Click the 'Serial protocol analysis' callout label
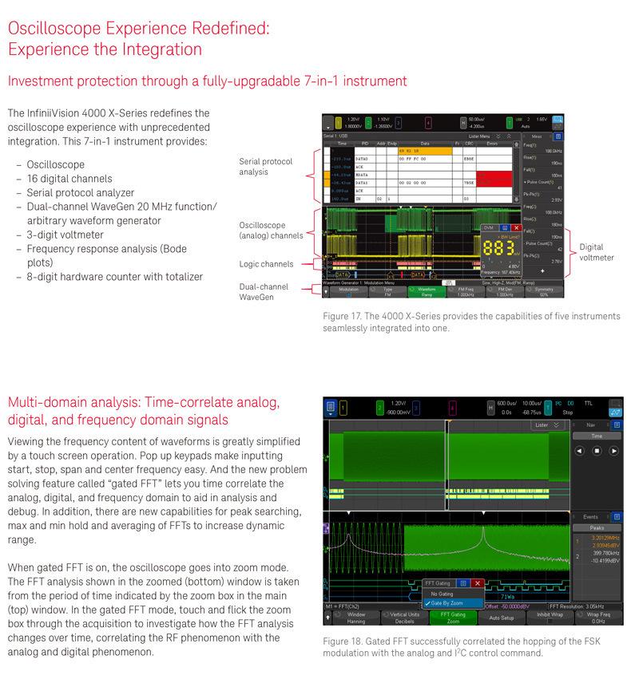(x=266, y=167)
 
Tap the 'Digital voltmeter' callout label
(x=597, y=252)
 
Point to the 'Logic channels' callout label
(x=266, y=264)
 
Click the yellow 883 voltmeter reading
(x=498, y=248)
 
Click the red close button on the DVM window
(x=516, y=227)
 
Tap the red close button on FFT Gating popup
(x=477, y=583)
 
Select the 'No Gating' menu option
(x=442, y=593)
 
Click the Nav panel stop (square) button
(x=596, y=451)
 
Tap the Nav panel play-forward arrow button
(x=613, y=451)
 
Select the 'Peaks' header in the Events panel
(x=596, y=527)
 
